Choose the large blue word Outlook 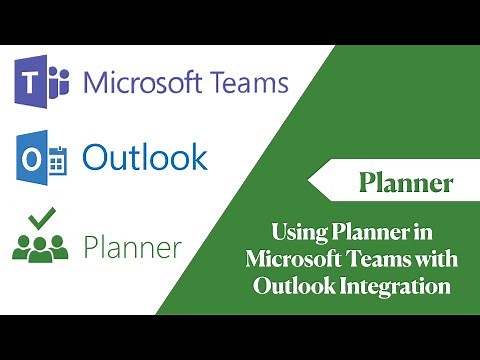pyautogui.click(x=145, y=157)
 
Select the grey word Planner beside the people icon pyautogui.click(x=134, y=245)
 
